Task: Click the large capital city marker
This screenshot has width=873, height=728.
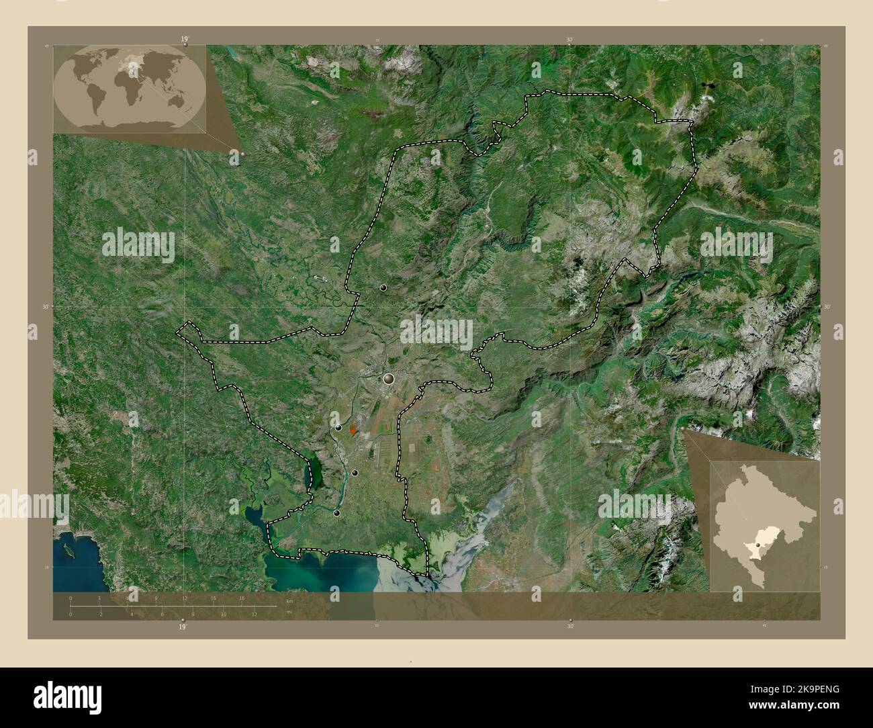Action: [x=388, y=379]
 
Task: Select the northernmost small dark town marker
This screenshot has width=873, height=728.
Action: [x=383, y=287]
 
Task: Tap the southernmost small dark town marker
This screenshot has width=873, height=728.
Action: [x=336, y=513]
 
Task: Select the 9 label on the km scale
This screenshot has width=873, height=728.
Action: [x=156, y=598]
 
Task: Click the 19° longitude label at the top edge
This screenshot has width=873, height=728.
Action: [x=183, y=40]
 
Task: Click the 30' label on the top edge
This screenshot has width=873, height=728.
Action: [x=569, y=40]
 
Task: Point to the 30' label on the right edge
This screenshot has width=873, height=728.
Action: [x=827, y=306]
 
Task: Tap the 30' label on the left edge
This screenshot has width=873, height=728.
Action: [x=46, y=306]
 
